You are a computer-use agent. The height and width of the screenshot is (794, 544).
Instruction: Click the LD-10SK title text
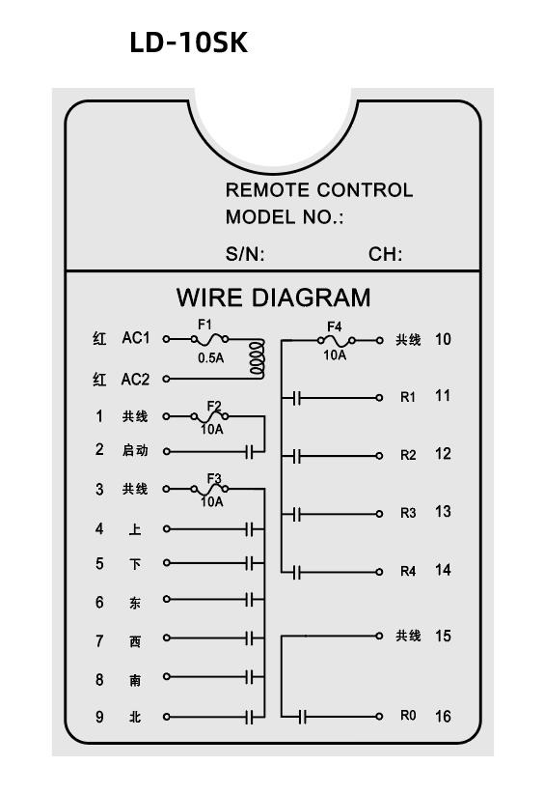tap(189, 43)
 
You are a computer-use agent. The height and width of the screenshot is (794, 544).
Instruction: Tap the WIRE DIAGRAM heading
tap(274, 298)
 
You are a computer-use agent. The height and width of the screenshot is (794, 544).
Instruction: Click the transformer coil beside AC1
tap(258, 359)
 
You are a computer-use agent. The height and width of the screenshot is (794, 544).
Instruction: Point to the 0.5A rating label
tap(211, 358)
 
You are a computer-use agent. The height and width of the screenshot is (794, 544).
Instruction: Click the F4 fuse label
tap(334, 326)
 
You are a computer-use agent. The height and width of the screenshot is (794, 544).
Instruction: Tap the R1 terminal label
tap(407, 398)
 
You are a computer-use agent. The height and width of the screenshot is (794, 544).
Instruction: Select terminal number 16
tap(443, 717)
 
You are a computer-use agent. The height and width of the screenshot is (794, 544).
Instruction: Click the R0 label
tap(407, 716)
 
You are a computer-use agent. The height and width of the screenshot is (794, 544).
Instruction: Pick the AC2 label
tap(135, 380)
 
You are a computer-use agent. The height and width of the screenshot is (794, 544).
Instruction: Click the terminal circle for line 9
tap(166, 717)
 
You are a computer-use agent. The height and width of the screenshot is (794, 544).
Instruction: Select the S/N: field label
tap(245, 254)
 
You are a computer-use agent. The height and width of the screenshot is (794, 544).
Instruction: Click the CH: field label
tap(385, 254)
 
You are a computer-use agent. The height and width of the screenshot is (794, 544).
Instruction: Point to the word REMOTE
tap(263, 190)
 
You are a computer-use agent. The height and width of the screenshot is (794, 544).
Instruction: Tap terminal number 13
tap(443, 512)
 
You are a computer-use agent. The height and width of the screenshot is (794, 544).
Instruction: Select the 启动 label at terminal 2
tap(135, 450)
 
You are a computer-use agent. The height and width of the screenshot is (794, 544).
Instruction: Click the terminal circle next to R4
tap(379, 572)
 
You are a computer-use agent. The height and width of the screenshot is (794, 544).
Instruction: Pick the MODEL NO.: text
tap(285, 217)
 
